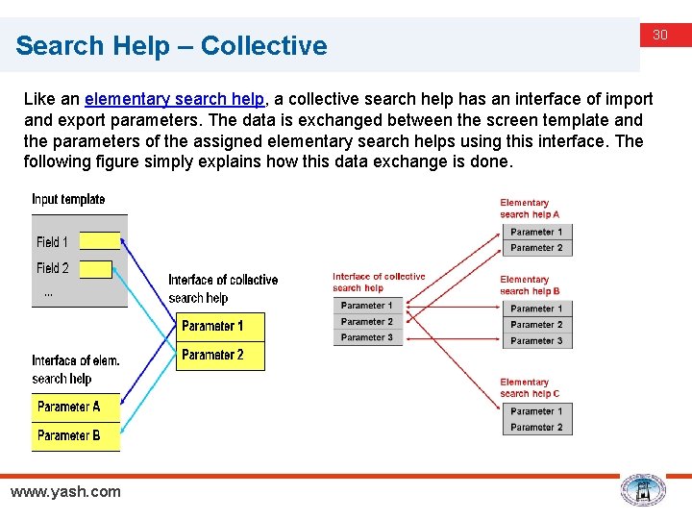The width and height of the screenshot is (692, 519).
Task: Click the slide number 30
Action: point(660,36)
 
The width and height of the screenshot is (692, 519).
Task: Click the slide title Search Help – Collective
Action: point(171,45)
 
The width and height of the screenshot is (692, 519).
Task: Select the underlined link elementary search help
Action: point(173,99)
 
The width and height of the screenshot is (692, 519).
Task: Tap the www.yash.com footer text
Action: point(65,491)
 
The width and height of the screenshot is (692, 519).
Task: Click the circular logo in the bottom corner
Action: point(643,490)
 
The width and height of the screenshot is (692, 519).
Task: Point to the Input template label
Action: point(68,200)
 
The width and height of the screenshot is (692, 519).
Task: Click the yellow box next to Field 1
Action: point(100,240)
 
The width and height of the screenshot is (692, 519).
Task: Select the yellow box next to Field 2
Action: point(95,269)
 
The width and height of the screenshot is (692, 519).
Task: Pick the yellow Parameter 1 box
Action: point(221,327)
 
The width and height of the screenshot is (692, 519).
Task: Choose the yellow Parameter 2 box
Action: point(221,356)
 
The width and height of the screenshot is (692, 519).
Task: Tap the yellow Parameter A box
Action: point(76,407)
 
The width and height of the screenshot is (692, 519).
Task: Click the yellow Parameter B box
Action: point(76,435)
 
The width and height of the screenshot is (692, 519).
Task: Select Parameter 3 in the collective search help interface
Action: point(367,337)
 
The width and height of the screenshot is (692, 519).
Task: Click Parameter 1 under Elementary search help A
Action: point(537,232)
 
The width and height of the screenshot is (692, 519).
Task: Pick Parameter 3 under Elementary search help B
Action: point(537,340)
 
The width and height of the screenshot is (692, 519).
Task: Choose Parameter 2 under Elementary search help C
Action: point(537,427)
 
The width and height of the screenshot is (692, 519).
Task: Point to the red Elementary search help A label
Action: point(529,209)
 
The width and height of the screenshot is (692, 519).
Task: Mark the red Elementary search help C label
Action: point(529,387)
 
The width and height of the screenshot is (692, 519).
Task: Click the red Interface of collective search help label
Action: point(379,282)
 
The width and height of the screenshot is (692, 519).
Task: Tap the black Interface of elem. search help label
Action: point(76,369)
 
